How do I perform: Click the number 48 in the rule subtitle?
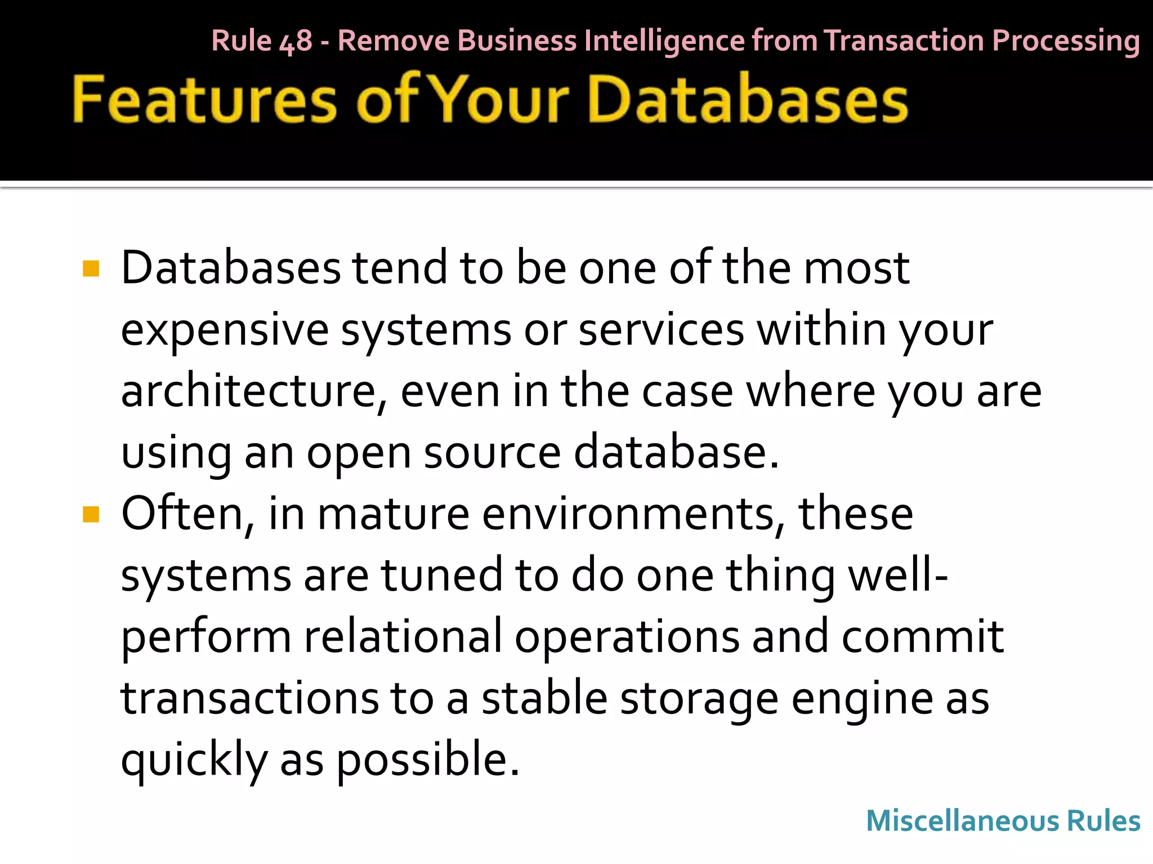click(296, 41)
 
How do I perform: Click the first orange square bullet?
click(91, 268)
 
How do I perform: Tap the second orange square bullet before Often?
click(91, 514)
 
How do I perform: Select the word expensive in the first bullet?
click(225, 330)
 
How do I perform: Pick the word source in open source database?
click(492, 453)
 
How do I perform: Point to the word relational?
click(403, 637)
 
